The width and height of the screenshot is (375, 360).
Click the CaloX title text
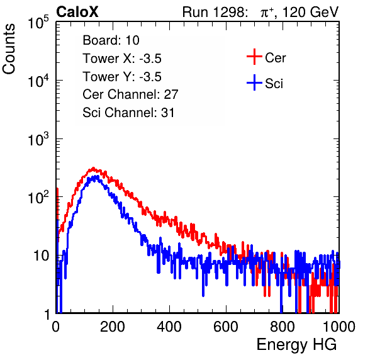pyautogui.click(x=77, y=12)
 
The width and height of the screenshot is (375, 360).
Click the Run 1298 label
pyautogui.click(x=214, y=12)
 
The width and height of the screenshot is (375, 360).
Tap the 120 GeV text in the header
pyautogui.click(x=311, y=12)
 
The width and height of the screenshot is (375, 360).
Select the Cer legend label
pyautogui.click(x=275, y=58)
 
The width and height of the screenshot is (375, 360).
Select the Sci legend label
pyautogui.click(x=274, y=84)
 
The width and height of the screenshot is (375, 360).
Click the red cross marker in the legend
pyautogui.click(x=254, y=57)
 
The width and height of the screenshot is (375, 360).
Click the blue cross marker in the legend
pyautogui.click(x=254, y=82)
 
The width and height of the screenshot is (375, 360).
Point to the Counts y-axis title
pyautogui.click(x=9, y=49)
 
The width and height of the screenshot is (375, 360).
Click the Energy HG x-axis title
pyautogui.click(x=296, y=344)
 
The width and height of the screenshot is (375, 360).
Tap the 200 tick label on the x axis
pyautogui.click(x=113, y=327)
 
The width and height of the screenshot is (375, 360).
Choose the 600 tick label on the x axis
pyautogui.click(x=226, y=327)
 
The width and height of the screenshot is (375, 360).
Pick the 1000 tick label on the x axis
pyautogui.click(x=339, y=327)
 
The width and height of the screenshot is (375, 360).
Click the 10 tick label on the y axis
pyautogui.click(x=41, y=256)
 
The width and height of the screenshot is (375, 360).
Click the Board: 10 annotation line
pyautogui.click(x=111, y=40)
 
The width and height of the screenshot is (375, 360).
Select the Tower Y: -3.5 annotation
pyautogui.click(x=122, y=77)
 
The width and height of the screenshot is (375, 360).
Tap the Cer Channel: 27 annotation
pyautogui.click(x=130, y=94)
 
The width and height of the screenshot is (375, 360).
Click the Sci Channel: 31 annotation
pyautogui.click(x=128, y=113)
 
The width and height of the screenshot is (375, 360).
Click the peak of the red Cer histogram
pyautogui.click(x=93, y=167)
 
